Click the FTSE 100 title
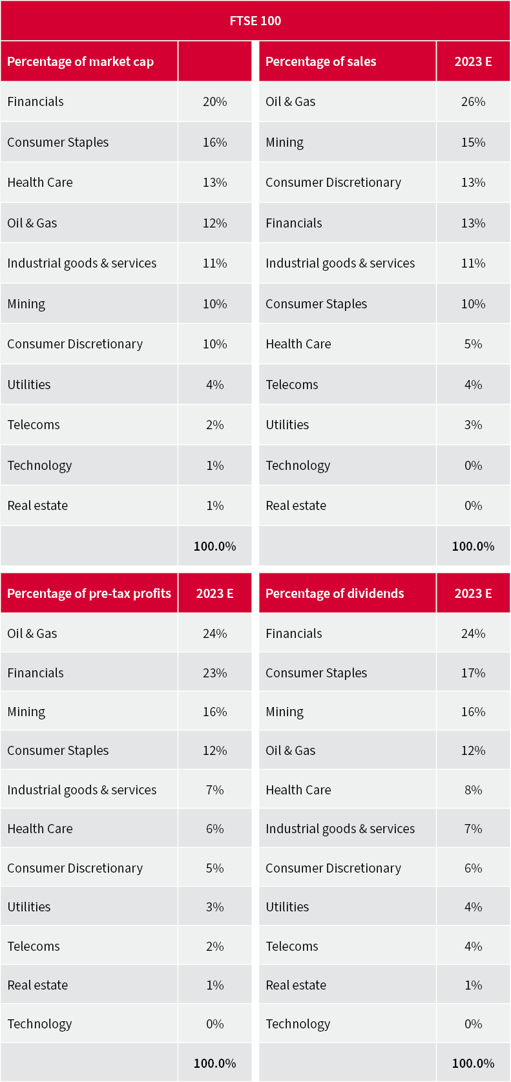point(255,21)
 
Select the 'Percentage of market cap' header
point(80,61)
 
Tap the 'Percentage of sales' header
point(320,61)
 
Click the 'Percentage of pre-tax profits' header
point(89,593)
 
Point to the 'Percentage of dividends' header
point(335,593)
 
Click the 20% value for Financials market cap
point(214,101)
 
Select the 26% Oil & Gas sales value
point(473,101)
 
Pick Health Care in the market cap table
point(40,182)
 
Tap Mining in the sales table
point(284,142)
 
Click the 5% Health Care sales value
point(473,344)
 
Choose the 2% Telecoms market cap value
point(214,425)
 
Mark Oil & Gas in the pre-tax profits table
point(32,633)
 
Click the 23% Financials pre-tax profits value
point(214,673)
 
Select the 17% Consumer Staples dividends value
point(473,673)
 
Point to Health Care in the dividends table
point(298,790)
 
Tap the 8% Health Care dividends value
point(473,790)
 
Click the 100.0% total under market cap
point(214,546)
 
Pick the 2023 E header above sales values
point(473,61)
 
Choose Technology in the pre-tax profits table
point(39,1024)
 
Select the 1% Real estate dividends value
point(473,985)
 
